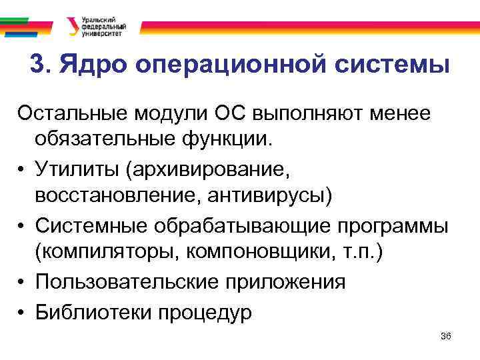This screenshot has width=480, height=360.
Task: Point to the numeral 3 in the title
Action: [39, 65]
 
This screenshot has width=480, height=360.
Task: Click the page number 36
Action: [446, 337]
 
